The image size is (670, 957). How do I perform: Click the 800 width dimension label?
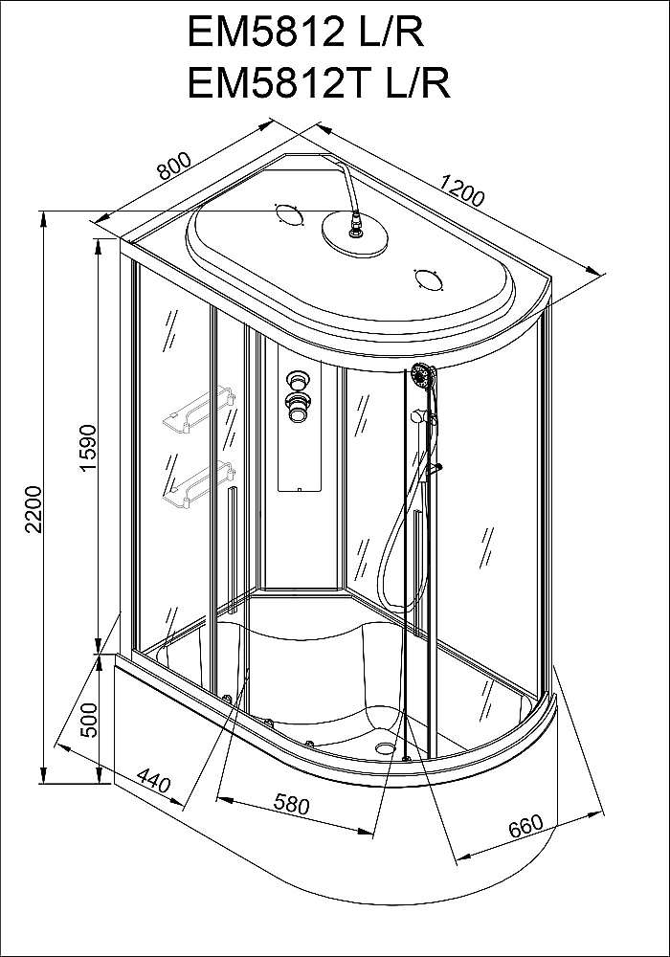tap(174, 165)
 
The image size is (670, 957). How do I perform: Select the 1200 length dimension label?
tap(462, 189)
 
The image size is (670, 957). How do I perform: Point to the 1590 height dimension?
tap(88, 449)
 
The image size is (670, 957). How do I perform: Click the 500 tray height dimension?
tap(89, 721)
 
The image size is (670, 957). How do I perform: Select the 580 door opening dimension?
tap(290, 805)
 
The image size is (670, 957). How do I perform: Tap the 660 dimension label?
tap(525, 827)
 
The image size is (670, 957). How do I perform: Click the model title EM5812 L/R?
tap(305, 33)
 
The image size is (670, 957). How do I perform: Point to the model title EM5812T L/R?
tap(319, 82)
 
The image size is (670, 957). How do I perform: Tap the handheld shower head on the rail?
tap(422, 375)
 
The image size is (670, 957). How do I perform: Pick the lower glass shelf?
tap(197, 483)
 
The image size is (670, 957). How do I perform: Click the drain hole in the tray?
tap(385, 746)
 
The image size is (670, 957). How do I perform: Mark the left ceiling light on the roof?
tap(288, 214)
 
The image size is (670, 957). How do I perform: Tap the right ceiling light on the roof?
tap(429, 280)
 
